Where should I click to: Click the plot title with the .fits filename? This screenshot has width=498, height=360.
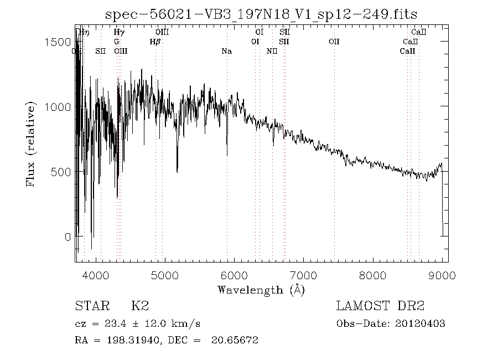tap(261, 13)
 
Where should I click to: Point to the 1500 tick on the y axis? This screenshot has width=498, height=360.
tap(59, 43)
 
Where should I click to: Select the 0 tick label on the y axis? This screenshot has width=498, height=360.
tap(68, 237)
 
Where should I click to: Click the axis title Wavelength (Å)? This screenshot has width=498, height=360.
tap(261, 290)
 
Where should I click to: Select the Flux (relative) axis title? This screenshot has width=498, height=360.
tap(32, 143)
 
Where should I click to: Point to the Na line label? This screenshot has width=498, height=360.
tap(226, 51)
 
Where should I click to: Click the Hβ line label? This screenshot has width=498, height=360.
tap(155, 42)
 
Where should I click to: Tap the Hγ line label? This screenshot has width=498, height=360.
tap(118, 33)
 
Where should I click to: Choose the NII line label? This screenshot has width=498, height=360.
tap(272, 51)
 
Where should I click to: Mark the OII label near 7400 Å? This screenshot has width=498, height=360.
tap(334, 42)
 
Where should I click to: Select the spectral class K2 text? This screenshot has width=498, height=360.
tap(139, 306)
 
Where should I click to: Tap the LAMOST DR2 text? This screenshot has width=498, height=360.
tap(380, 306)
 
